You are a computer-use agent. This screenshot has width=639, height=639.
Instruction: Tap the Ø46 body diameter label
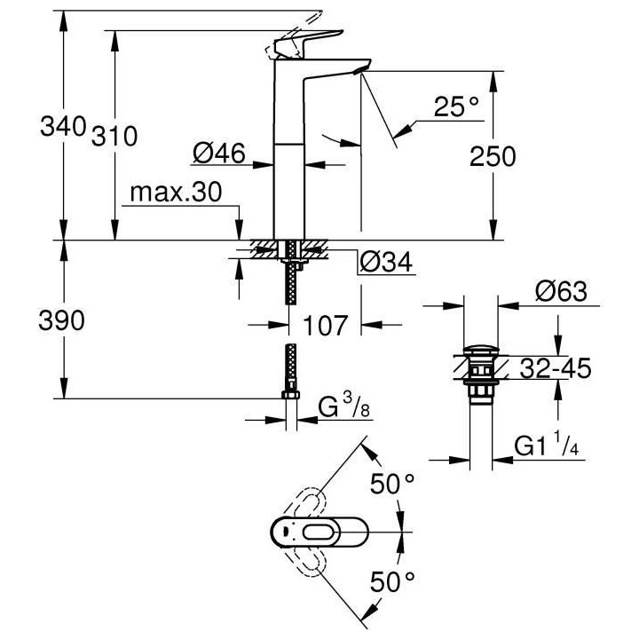click(218, 154)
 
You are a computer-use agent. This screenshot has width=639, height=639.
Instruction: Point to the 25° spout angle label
click(457, 107)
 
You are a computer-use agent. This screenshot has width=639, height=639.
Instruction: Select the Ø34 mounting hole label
click(385, 262)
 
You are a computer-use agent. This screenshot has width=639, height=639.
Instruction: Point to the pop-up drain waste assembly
click(478, 373)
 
